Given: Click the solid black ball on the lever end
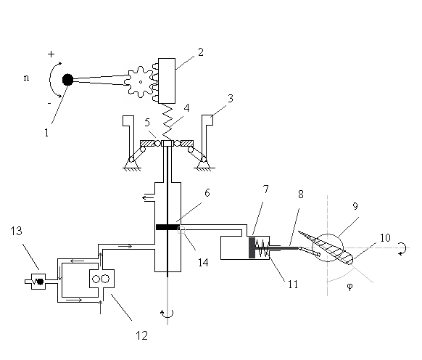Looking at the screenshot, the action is (67, 80).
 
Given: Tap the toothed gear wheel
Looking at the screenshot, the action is (140, 82).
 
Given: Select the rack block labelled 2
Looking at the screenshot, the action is (167, 81).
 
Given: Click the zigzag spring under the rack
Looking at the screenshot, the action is (167, 122).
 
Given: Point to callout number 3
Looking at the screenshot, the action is (231, 99).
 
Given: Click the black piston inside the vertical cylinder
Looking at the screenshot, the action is (167, 227).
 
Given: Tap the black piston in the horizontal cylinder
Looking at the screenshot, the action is (252, 248).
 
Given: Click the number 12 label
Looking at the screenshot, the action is (142, 336).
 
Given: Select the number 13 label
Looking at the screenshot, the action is (16, 231).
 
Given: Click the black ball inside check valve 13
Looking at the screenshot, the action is (41, 282).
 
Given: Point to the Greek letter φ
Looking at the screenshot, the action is (349, 287).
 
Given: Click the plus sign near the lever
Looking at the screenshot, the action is (51, 54).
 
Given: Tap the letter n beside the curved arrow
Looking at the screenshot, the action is (26, 78).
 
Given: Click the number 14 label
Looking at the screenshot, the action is (203, 263).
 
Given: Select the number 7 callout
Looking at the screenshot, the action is (265, 189).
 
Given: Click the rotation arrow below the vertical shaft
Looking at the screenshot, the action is (167, 314).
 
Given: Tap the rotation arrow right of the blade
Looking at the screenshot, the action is (402, 249).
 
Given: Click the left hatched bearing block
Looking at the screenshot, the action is (147, 144).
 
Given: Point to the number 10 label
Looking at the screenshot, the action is (385, 238).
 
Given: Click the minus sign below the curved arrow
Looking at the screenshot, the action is (49, 104).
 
